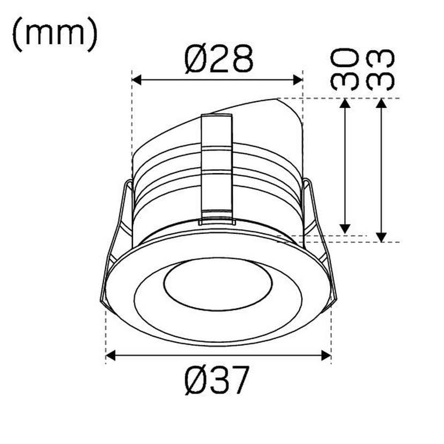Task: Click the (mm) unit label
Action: (x=54, y=34)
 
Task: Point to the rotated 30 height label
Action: (x=344, y=69)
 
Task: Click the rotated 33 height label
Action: (x=381, y=69)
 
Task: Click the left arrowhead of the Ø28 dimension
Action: (x=137, y=80)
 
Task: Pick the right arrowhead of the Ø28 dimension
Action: (x=298, y=80)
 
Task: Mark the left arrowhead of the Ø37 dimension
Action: (x=112, y=355)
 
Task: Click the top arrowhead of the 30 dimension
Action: (x=345, y=104)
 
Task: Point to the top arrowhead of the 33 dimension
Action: (x=381, y=104)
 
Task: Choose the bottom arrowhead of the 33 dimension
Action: (x=381, y=236)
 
